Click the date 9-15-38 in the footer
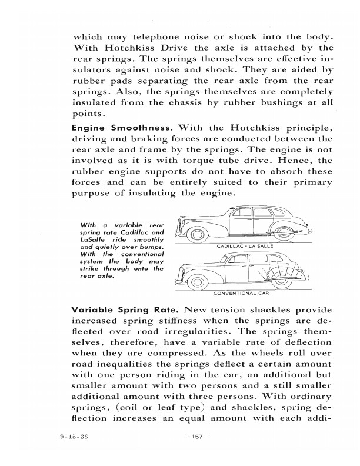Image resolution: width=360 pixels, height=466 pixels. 74,437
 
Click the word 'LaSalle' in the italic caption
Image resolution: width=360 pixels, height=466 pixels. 89,240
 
